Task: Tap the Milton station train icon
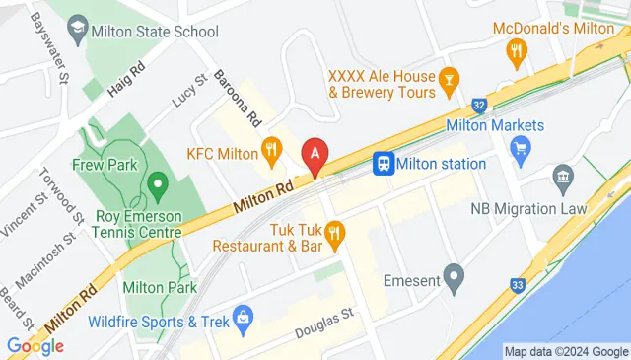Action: tap(384, 164)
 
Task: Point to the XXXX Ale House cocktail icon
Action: tap(450, 77)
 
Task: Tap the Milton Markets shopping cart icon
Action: tap(521, 148)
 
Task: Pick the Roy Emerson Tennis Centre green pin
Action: tap(155, 184)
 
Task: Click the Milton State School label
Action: tap(154, 32)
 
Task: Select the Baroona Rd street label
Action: tap(238, 101)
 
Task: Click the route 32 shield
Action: tap(478, 104)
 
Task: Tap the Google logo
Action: tap(35, 346)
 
